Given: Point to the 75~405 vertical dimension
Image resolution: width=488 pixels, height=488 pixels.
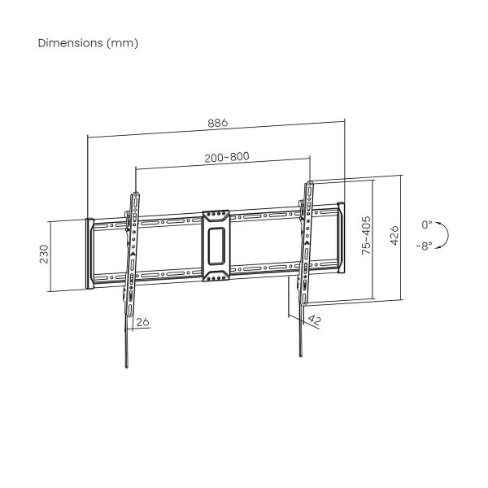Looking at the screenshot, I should [x=366, y=237].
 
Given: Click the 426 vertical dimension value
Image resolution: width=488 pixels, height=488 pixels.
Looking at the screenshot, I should [x=394, y=236].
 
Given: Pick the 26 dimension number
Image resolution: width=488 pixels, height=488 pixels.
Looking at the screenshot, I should [x=143, y=321].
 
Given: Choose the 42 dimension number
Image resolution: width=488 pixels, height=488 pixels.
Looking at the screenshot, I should [x=315, y=321].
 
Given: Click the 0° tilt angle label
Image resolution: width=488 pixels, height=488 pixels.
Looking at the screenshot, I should [x=428, y=224].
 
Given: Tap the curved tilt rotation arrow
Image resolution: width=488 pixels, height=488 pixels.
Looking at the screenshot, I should [x=444, y=235].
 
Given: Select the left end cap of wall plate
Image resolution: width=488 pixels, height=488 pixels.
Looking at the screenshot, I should [x=88, y=251].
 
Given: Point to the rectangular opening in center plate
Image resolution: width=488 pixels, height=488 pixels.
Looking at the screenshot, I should [x=216, y=246].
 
